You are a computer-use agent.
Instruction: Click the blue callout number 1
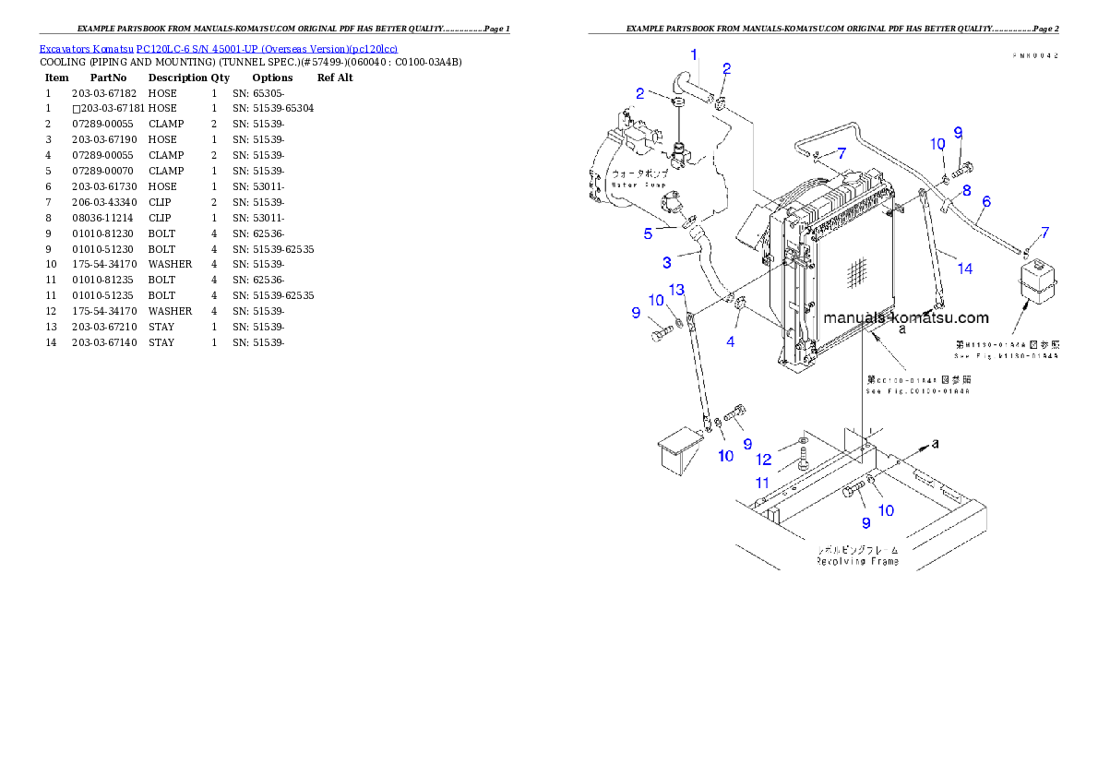coord(694,54)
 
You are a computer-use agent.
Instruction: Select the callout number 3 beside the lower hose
coord(666,263)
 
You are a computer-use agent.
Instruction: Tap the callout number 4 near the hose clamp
coord(731,341)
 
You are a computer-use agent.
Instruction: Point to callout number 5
coord(648,233)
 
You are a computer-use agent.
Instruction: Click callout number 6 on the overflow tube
coord(986,200)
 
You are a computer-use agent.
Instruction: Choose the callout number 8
coord(966,190)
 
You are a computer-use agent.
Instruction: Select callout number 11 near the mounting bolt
coord(762,482)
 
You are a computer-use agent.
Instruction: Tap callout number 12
coord(764,459)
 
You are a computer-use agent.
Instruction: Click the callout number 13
coord(676,290)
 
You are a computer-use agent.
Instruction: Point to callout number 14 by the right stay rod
coord(964,269)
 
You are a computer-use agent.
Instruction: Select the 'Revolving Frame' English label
coord(857,560)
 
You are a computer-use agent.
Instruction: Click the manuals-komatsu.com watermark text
coord(905,317)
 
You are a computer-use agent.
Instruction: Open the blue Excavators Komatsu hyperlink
coord(218,49)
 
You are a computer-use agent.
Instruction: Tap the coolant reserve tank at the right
coord(1036,281)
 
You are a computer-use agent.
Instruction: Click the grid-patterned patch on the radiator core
coord(855,271)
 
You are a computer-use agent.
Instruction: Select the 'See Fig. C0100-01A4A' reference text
coord(917,391)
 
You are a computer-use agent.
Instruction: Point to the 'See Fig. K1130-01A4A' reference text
coord(1007,354)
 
